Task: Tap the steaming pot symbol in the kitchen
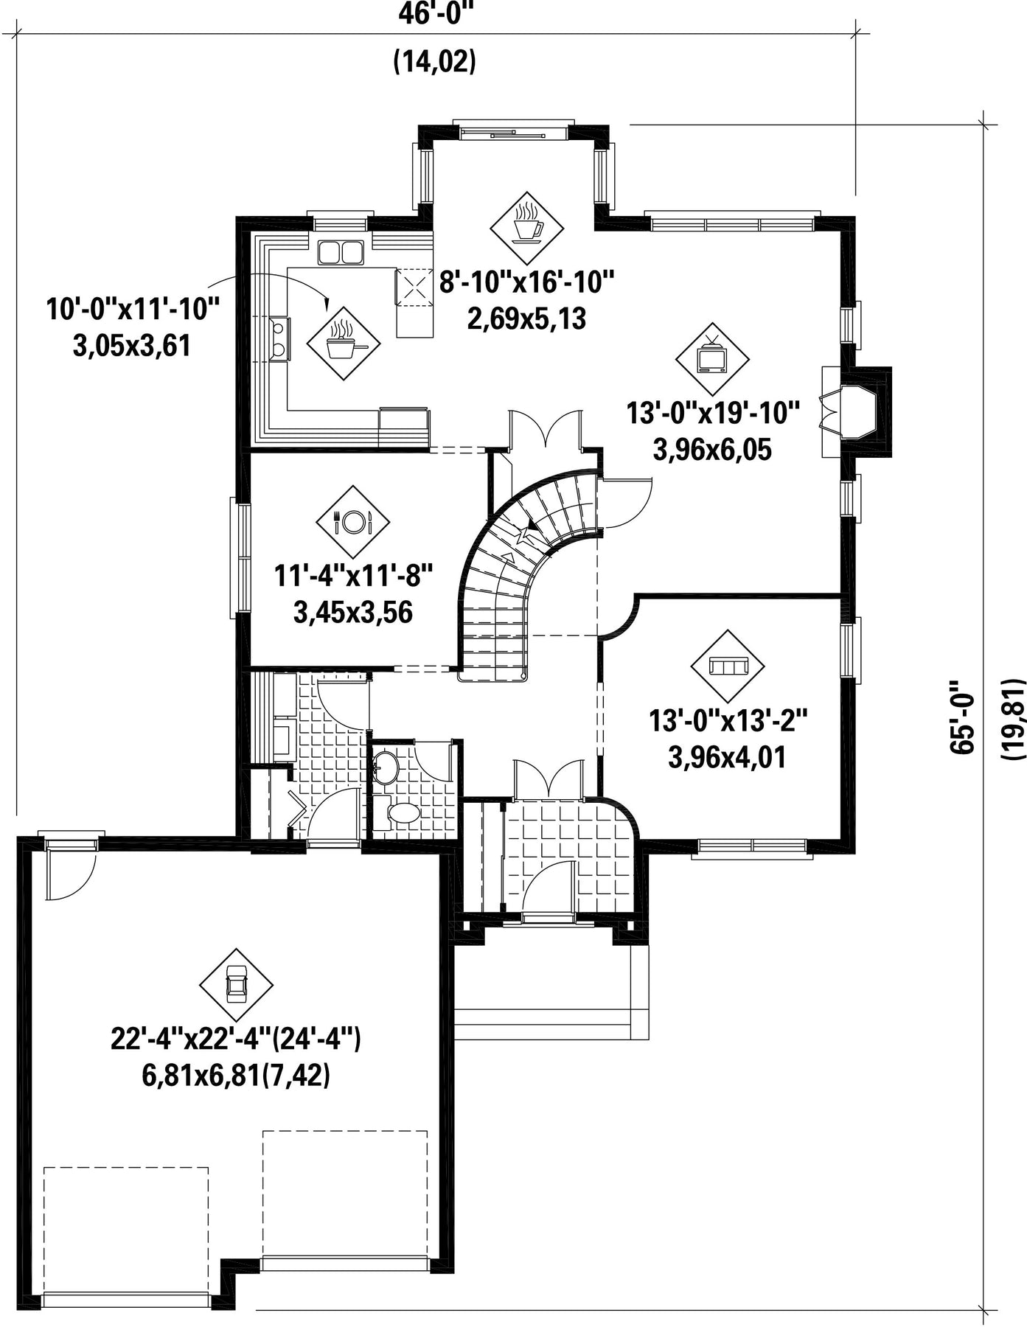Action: tap(344, 344)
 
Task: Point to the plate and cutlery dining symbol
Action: tap(352, 521)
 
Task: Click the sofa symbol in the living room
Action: tap(727, 666)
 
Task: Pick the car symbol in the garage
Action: tap(236, 984)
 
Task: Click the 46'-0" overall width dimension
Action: tap(435, 13)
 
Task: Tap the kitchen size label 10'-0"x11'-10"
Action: tap(133, 309)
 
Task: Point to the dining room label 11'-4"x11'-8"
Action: tap(352, 575)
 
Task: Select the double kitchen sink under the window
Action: tap(341, 252)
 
